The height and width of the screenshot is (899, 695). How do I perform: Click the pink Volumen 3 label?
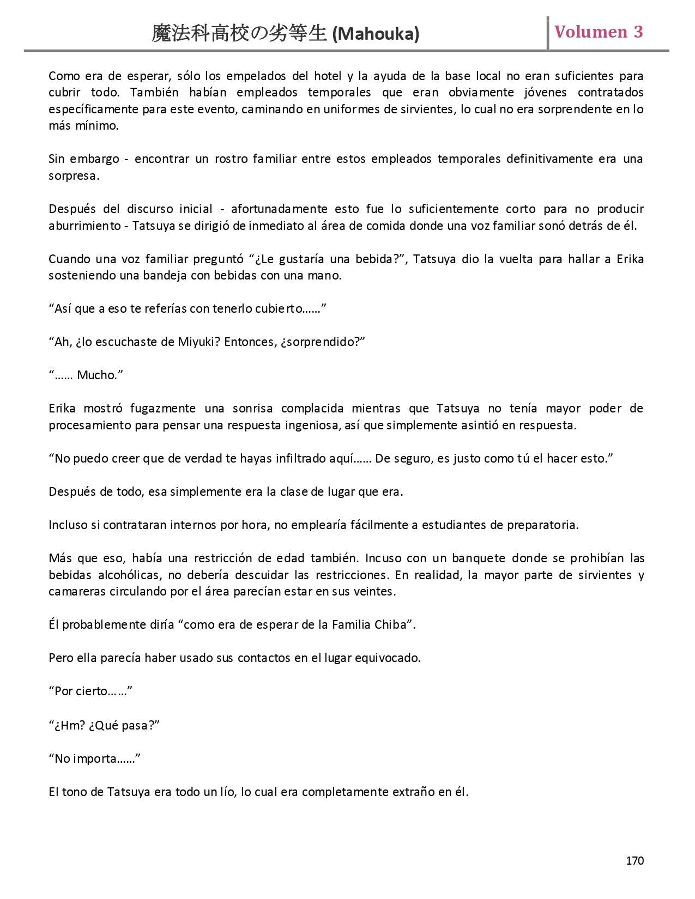(x=599, y=32)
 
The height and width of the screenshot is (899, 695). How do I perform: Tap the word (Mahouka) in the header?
(x=376, y=34)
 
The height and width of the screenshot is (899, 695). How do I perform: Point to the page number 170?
(x=634, y=860)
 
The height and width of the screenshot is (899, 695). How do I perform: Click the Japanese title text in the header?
(x=240, y=34)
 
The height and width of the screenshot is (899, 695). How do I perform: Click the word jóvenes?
(x=545, y=93)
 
